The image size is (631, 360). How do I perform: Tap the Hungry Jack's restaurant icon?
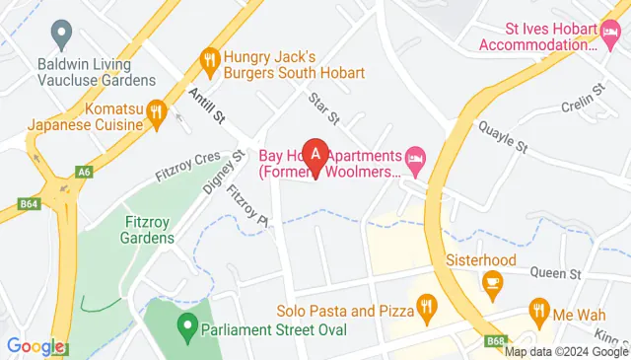click(x=209, y=62)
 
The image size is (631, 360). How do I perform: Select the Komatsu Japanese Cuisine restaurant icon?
click(x=156, y=114)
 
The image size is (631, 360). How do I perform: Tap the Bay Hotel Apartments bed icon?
click(x=416, y=157)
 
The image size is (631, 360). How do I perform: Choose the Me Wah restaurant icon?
click(x=538, y=311)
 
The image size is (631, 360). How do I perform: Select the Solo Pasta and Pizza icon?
click(x=426, y=310)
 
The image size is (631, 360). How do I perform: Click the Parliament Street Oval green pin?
click(x=185, y=324)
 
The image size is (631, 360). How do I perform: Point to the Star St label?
click(x=322, y=109)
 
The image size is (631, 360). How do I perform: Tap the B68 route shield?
click(x=497, y=341)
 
